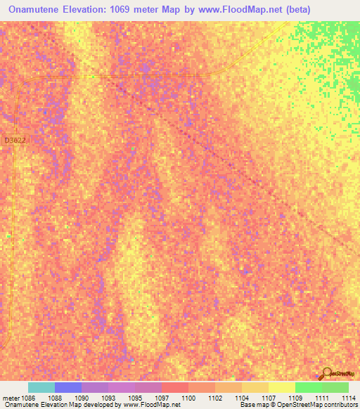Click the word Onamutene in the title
point(39,10)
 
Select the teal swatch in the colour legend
point(41,387)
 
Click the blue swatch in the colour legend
point(67,387)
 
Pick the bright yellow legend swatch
point(281,387)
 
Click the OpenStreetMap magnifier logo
point(326,373)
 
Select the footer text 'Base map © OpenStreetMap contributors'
point(297,405)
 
